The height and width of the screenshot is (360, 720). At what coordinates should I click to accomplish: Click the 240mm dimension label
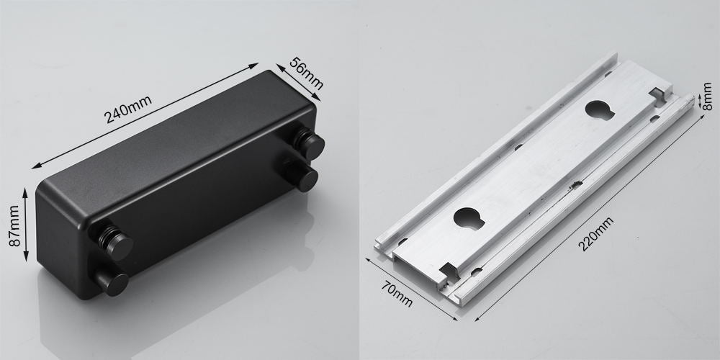(128, 109)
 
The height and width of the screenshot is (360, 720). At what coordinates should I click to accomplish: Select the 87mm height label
(14, 226)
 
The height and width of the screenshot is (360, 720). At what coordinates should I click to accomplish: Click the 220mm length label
(595, 234)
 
